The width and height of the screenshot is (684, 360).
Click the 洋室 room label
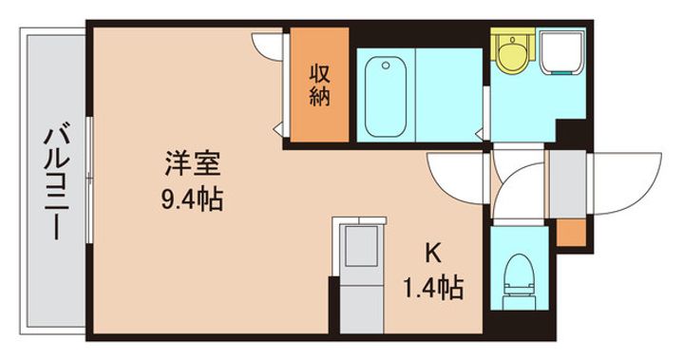[x=192, y=162]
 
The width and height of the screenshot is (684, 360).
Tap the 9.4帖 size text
[x=192, y=199]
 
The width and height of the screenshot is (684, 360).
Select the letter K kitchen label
[x=433, y=253]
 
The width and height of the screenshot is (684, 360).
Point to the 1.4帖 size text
[x=433, y=288]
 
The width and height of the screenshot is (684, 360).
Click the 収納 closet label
[x=320, y=85]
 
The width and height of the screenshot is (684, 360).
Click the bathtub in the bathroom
[x=386, y=96]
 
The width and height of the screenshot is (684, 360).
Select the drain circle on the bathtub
[x=386, y=66]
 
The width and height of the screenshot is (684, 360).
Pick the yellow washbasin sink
[x=513, y=52]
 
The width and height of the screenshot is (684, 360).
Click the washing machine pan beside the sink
[x=561, y=52]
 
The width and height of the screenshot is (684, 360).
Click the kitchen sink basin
[x=362, y=245]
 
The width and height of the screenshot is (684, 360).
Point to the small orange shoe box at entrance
[x=571, y=233]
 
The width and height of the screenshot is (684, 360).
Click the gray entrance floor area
[x=567, y=183]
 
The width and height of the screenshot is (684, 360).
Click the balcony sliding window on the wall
[x=89, y=180]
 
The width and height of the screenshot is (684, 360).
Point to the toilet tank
[x=519, y=302]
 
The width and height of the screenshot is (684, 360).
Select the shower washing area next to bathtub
[x=448, y=95]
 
